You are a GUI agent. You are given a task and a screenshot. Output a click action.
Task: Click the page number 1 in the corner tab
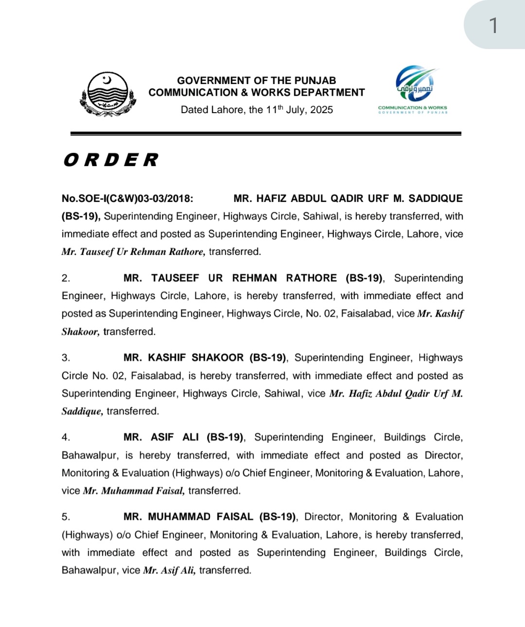pyautogui.click(x=493, y=25)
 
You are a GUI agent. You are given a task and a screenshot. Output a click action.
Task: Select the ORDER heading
pyautogui.click(x=111, y=160)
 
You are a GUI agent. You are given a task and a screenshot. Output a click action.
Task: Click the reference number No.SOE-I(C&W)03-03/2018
pyautogui.click(x=127, y=198)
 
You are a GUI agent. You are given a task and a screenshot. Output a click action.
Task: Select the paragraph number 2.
pyautogui.click(x=66, y=278)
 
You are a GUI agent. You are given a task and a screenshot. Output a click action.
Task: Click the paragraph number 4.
pyautogui.click(x=66, y=438)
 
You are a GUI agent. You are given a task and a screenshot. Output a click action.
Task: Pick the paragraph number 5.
pyautogui.click(x=66, y=517)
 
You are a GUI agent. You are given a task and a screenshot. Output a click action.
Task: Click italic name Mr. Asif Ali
pyautogui.click(x=169, y=571)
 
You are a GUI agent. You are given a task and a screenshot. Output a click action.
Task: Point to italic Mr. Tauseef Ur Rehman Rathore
pyautogui.click(x=133, y=252)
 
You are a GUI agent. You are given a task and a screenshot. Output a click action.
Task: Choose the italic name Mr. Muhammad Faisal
pyautogui.click(x=134, y=491)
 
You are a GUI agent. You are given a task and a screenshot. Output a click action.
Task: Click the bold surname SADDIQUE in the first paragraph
pyautogui.click(x=436, y=198)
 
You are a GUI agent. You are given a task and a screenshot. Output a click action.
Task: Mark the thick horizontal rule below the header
pyautogui.click(x=265, y=133)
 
